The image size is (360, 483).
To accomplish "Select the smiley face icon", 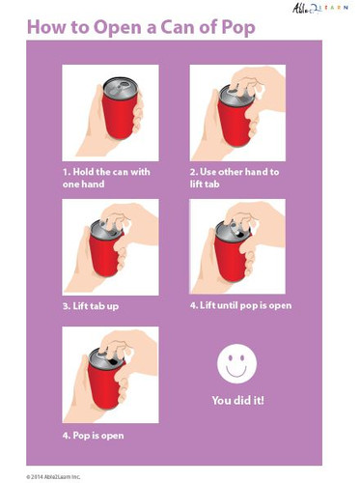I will pyautogui.click(x=236, y=365).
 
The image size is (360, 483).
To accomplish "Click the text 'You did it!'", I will pyautogui.click(x=236, y=399).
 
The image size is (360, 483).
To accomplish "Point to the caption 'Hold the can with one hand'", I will pyautogui.click(x=106, y=178).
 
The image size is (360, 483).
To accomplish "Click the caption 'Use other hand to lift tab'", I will pyautogui.click(x=234, y=178).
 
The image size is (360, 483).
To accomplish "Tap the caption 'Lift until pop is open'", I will pyautogui.click(x=240, y=306).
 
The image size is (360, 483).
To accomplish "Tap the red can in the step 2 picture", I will pyautogui.click(x=234, y=120).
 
